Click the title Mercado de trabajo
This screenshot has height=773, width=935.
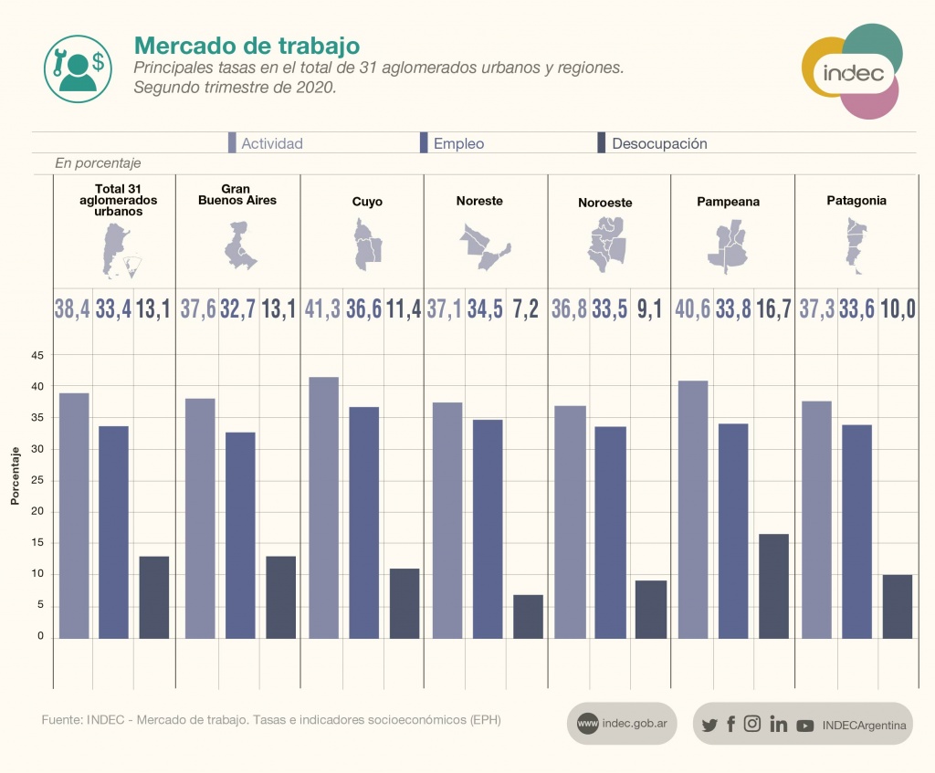coord(247,46)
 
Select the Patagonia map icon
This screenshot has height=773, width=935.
coord(855,247)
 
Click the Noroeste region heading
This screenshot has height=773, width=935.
coord(604,203)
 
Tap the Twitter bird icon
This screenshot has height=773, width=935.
coord(709,726)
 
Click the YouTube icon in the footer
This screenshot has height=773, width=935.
coord(804,726)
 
